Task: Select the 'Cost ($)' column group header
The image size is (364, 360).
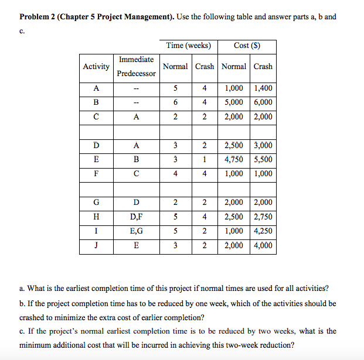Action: (x=247, y=46)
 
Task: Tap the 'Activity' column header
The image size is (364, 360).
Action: (x=96, y=67)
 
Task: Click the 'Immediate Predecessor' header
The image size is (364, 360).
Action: (x=136, y=67)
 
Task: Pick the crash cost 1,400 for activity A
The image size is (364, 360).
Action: (x=263, y=88)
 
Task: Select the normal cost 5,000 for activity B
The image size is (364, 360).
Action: (x=234, y=102)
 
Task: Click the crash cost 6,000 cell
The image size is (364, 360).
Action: (x=263, y=102)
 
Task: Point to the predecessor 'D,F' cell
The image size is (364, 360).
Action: (x=136, y=217)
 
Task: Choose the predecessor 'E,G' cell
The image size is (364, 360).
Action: (x=136, y=231)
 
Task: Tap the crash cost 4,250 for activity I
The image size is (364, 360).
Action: (x=263, y=231)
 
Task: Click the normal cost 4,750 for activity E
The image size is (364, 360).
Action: (x=234, y=160)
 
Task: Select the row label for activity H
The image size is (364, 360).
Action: (x=96, y=217)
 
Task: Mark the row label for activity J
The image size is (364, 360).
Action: (x=96, y=246)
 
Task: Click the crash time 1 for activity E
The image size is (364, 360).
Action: (x=205, y=160)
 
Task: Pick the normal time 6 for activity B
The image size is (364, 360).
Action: (x=175, y=102)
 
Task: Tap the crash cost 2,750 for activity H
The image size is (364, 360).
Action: (x=263, y=217)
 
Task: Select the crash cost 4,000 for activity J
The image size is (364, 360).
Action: (x=263, y=246)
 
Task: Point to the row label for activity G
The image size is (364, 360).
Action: (x=96, y=203)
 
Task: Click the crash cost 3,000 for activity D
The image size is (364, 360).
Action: (x=263, y=146)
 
